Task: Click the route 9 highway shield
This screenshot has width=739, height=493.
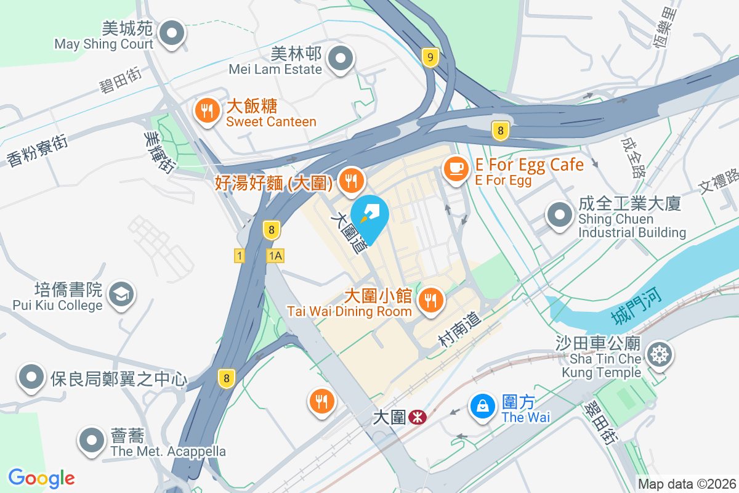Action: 430,58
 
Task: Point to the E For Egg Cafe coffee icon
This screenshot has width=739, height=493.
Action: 456,168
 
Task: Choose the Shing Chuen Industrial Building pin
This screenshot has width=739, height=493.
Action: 560,216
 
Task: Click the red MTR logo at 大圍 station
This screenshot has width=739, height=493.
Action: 418,417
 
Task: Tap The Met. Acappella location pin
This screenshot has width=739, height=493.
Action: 92,440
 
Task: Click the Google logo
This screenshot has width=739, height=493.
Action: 41,478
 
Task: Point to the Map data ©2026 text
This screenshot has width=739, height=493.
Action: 686,484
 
